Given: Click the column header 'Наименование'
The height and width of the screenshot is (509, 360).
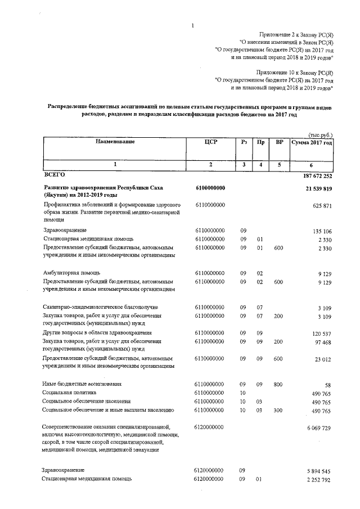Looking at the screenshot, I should (115, 142).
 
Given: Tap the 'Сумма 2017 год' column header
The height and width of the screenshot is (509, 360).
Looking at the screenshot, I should (312, 143).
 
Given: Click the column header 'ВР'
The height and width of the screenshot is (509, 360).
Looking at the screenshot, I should (279, 142).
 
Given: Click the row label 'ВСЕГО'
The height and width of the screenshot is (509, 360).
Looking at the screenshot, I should (55, 175).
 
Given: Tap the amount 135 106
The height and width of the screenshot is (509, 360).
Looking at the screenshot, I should (322, 231).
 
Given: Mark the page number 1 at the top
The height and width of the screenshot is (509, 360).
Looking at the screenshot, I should (192, 25).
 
